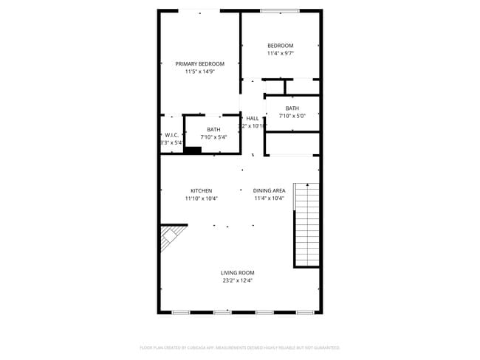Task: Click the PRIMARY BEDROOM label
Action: coord(199,64)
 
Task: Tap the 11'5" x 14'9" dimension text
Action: coord(199,72)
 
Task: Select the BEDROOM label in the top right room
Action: coord(280,46)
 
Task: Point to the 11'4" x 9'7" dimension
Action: coord(280,53)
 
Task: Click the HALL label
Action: coord(253,118)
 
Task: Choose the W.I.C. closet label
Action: coord(171,135)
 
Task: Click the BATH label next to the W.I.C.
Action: coord(213,130)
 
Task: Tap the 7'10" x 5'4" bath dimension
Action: coord(213,137)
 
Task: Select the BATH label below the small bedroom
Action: coord(292,108)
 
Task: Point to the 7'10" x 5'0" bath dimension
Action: coord(292,116)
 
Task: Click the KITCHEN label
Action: coord(201,190)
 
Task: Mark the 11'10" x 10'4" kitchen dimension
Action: coord(201,198)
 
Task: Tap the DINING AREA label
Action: coord(270,190)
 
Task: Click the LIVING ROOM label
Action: coord(237,273)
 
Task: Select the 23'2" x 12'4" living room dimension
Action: coord(237,280)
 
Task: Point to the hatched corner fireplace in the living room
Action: coord(168,238)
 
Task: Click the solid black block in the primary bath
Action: coord(192,150)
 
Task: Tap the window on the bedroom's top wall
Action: coord(279,10)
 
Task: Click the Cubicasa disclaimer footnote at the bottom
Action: coord(239,347)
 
